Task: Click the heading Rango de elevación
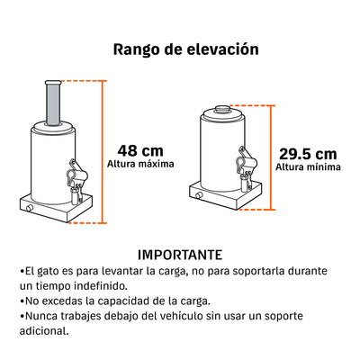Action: point(185,49)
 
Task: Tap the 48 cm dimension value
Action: point(140,151)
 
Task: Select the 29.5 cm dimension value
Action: point(308,154)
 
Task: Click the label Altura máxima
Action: point(140,164)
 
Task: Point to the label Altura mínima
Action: point(308,167)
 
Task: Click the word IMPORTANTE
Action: point(180,255)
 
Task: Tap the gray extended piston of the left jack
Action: point(53,103)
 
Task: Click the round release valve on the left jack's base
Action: point(30,208)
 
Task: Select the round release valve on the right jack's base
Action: point(198,195)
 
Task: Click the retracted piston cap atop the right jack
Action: point(222,109)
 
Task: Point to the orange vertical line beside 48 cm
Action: point(103,152)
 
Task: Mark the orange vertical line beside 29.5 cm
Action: point(272,157)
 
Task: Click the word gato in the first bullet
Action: point(48,272)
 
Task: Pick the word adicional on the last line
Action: point(44,331)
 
